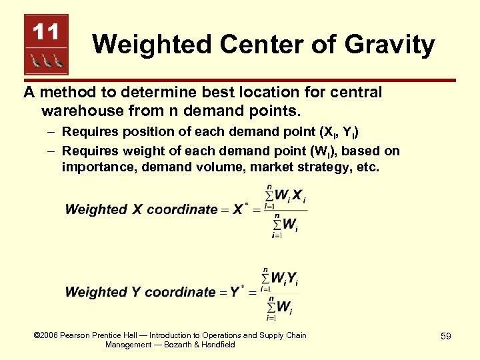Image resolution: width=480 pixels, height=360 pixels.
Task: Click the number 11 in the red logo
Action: pyautogui.click(x=46, y=32)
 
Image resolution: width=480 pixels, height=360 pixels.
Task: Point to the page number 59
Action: pyautogui.click(x=445, y=337)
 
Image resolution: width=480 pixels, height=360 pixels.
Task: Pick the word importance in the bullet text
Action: pyautogui.click(x=99, y=167)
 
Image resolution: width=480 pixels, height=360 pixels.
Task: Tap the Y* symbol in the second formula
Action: pyautogui.click(x=237, y=292)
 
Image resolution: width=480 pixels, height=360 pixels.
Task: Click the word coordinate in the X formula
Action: pyautogui.click(x=182, y=209)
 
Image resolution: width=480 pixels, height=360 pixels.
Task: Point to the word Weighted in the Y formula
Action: pyautogui.click(x=96, y=292)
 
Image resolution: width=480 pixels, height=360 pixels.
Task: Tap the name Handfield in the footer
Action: pyautogui.click(x=215, y=345)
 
